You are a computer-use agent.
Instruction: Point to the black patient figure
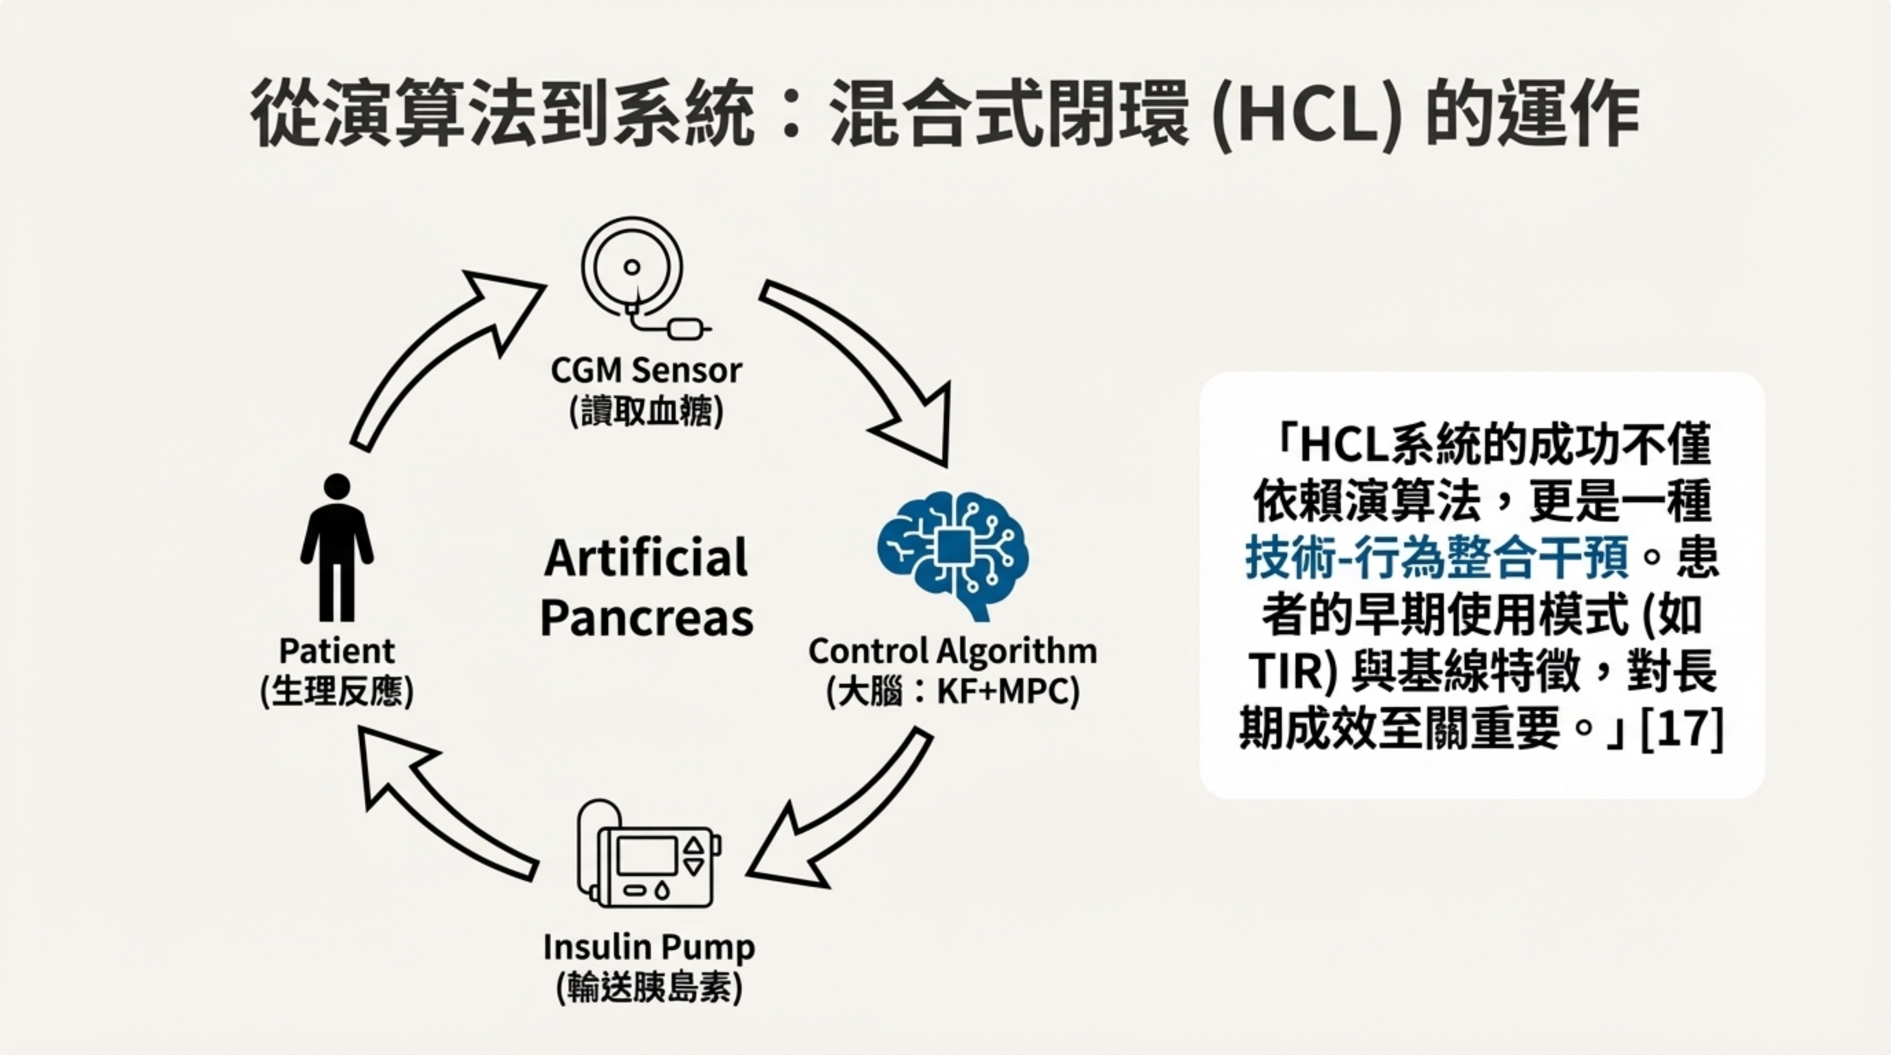coord(337,547)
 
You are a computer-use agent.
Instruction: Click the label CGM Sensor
coord(646,370)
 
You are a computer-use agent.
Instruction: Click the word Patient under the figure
coord(337,651)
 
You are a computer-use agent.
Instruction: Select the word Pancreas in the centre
coord(646,618)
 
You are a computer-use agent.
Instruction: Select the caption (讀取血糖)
coord(646,412)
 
